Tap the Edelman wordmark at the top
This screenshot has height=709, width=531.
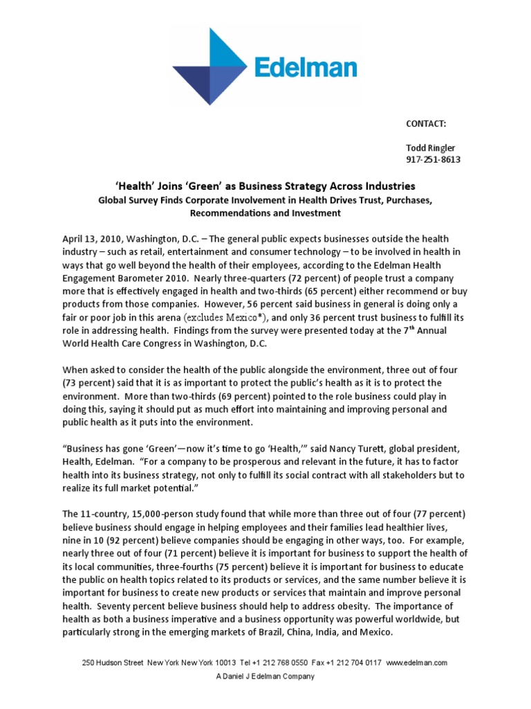(x=306, y=68)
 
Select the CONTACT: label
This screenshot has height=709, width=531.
(x=426, y=123)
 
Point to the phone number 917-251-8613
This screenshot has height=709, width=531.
(x=433, y=160)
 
